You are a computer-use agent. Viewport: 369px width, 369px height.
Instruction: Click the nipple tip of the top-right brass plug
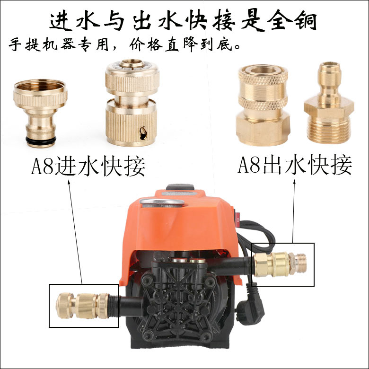coord(327,71)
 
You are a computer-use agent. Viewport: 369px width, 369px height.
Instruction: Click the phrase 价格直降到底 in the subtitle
coord(186,46)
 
